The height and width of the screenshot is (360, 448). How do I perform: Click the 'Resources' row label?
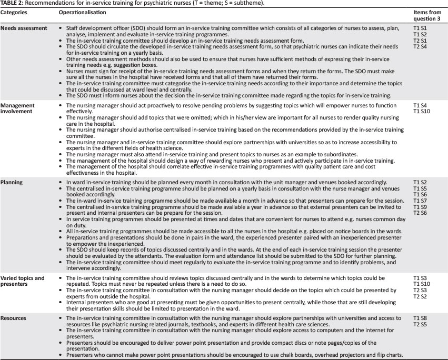click(16, 317)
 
